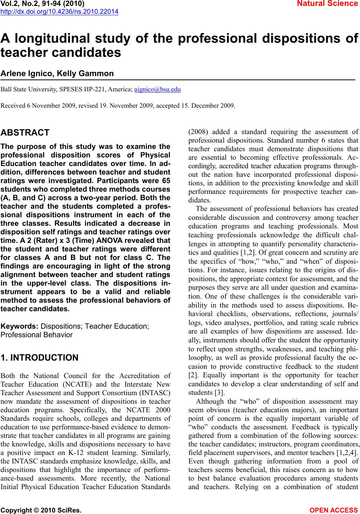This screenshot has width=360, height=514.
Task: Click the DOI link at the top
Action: tap(59, 12)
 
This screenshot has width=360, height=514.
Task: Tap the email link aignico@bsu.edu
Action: tap(157, 90)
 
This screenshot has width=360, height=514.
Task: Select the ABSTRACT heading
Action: tap(25, 133)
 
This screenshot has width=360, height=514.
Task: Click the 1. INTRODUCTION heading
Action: tap(40, 358)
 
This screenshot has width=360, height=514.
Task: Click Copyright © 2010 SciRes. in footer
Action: tap(41, 510)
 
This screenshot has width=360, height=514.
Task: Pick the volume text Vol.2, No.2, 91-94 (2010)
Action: tap(43, 4)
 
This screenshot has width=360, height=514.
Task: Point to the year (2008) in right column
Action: tap(198, 131)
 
